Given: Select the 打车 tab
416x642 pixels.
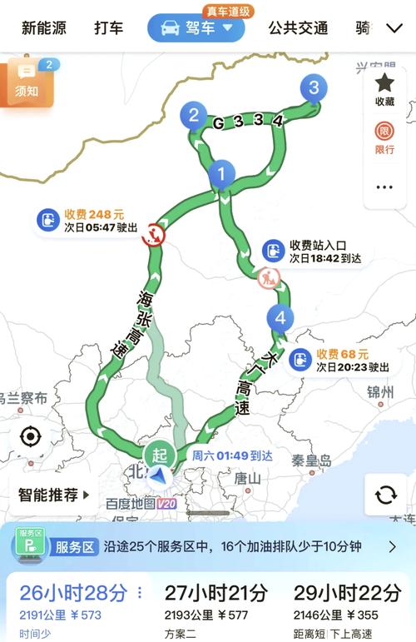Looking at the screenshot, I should coord(108,28).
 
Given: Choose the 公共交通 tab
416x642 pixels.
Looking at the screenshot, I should coord(298,28).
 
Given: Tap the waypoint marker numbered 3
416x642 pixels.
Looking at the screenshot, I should coord(313,87).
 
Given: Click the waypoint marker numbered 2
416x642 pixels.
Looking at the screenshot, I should coord(194,116).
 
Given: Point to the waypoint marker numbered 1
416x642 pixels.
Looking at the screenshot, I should coord(221,174).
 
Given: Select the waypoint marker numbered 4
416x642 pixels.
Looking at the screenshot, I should coord(280,317).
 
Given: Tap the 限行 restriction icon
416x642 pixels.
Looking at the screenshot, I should coord(384,137).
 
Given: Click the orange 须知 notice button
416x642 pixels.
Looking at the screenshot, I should coord(27,83).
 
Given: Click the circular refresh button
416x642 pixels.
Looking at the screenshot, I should coord(385,495).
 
